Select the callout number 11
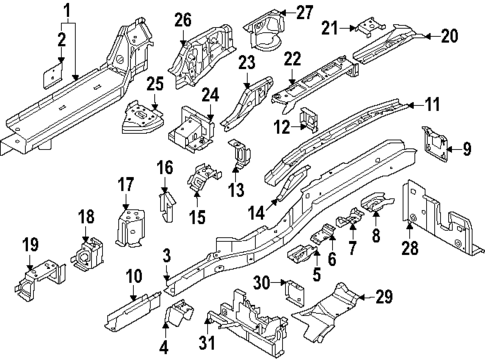[432, 104]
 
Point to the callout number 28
[409, 247]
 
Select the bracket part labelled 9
[435, 143]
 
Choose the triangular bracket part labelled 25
[140, 118]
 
